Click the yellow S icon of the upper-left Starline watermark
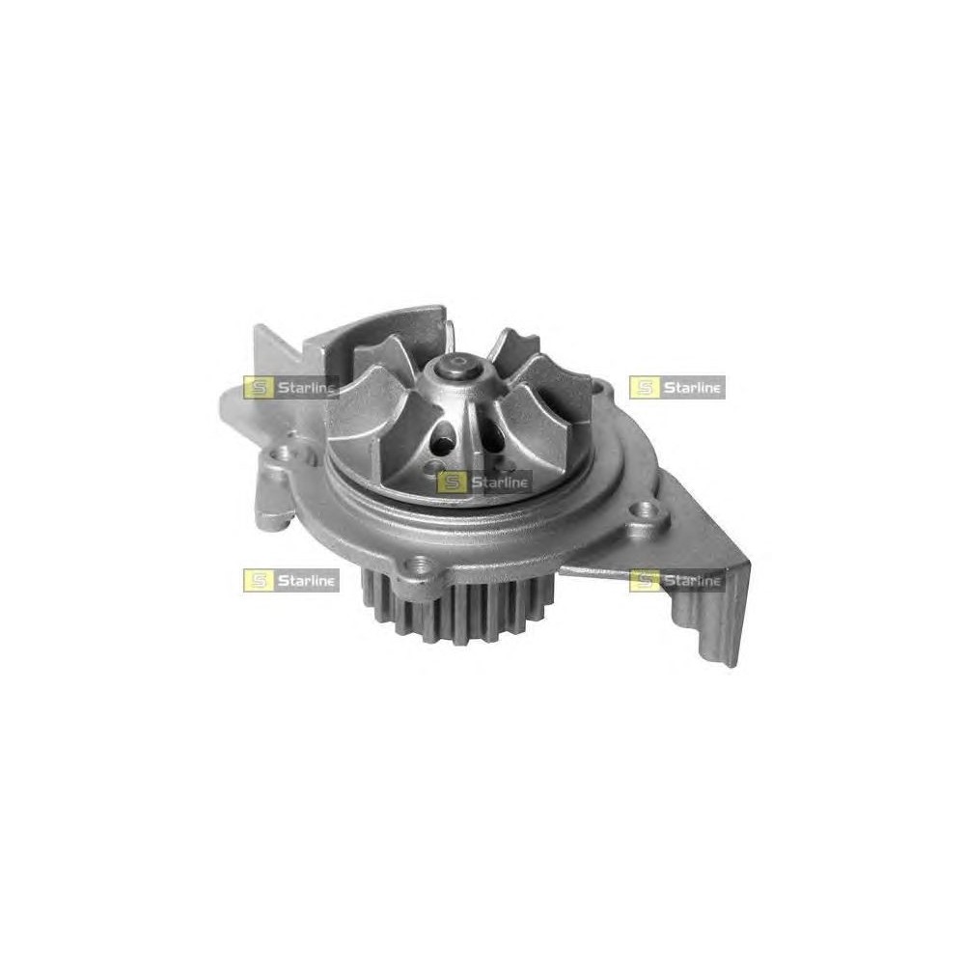click(258, 388)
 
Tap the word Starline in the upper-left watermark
click(307, 388)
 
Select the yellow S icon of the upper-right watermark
click(644, 388)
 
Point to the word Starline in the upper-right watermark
click(692, 388)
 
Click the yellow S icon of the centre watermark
click(451, 482)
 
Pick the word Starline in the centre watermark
click(500, 482)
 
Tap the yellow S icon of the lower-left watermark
click(258, 580)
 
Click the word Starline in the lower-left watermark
click(307, 580)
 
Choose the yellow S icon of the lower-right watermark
click(644, 580)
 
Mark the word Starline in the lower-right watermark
click(692, 580)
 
